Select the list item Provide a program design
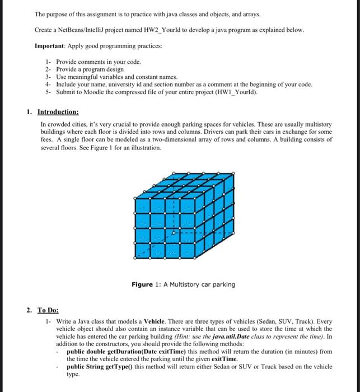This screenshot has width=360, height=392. coord(86,68)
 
